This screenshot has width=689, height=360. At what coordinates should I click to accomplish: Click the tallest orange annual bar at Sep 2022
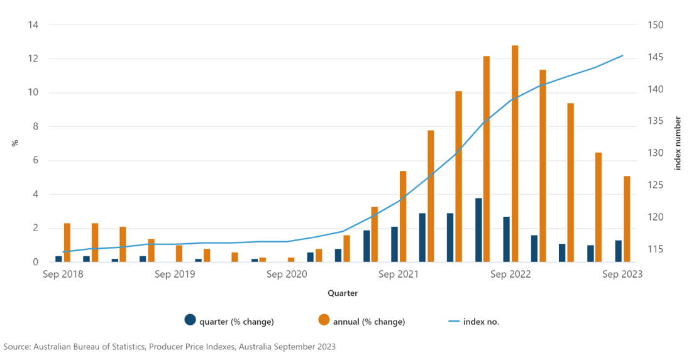[x=515, y=153]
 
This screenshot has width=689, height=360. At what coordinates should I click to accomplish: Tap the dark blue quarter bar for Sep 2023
[x=618, y=251]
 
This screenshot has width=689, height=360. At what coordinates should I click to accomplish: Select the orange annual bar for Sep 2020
[x=291, y=259]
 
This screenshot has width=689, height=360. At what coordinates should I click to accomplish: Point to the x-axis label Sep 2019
[x=175, y=274]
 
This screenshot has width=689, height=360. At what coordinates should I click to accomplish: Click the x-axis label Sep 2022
[x=510, y=274]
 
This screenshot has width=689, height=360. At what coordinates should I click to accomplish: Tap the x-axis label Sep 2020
[x=287, y=274]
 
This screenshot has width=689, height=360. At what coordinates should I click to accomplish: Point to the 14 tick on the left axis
[x=33, y=25]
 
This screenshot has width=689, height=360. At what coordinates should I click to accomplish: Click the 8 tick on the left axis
[x=35, y=127]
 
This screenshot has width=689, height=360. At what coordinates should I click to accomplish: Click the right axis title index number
[x=678, y=143]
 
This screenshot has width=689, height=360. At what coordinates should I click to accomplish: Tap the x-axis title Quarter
[x=343, y=293]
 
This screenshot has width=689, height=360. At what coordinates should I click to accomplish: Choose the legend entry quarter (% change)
[x=236, y=322]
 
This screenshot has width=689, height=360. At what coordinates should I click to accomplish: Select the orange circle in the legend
[x=324, y=320]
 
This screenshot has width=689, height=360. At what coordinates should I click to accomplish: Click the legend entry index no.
[x=481, y=322]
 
